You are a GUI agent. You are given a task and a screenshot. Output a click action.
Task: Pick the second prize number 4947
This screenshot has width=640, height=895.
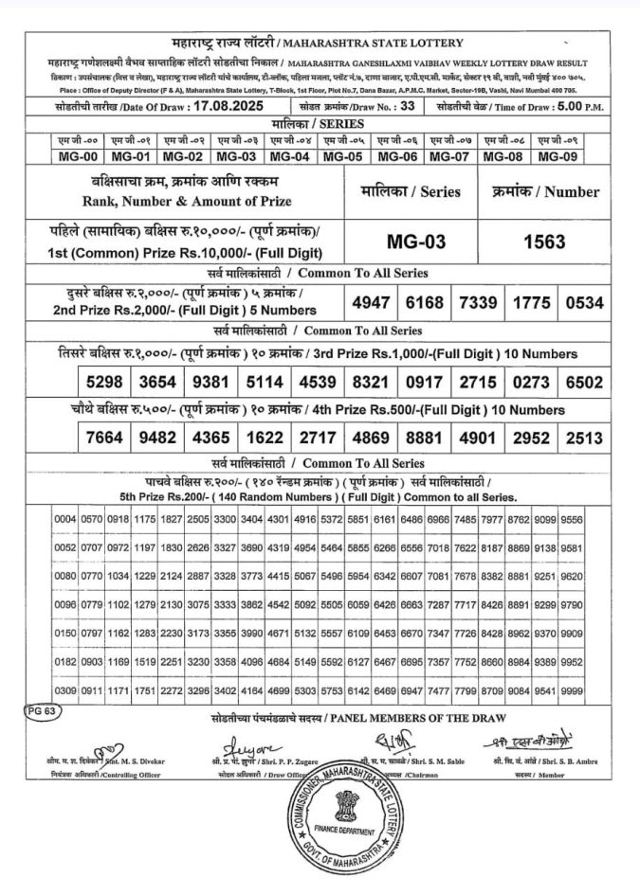pos(368,302)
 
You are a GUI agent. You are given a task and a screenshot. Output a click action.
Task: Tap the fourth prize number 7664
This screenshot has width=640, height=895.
pos(103,439)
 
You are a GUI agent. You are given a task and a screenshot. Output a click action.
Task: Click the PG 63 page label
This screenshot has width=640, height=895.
pos(42,708)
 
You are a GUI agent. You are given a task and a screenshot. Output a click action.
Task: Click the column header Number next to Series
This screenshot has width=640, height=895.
pos(546,191)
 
